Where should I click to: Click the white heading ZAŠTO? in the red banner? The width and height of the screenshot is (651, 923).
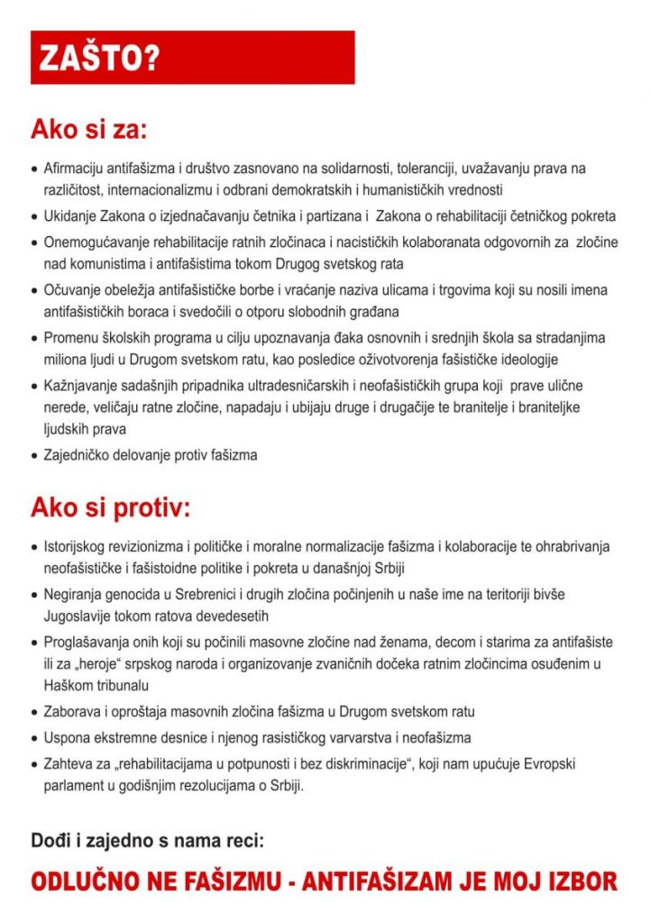[99, 58]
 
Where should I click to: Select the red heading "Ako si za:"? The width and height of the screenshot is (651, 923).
[88, 130]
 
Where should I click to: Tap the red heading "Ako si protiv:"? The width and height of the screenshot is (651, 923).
[111, 507]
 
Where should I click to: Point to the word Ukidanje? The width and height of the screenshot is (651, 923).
[69, 216]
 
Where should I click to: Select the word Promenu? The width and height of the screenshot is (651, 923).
[69, 337]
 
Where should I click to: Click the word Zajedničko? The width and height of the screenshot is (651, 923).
[78, 455]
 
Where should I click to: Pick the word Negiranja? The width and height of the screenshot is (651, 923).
[74, 596]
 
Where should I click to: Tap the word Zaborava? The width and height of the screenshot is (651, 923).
[71, 712]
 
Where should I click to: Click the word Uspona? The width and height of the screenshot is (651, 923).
[67, 737]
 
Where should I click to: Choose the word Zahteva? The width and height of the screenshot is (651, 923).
[69, 763]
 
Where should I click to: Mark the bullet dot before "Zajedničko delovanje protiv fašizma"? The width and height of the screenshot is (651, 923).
[34, 456]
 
